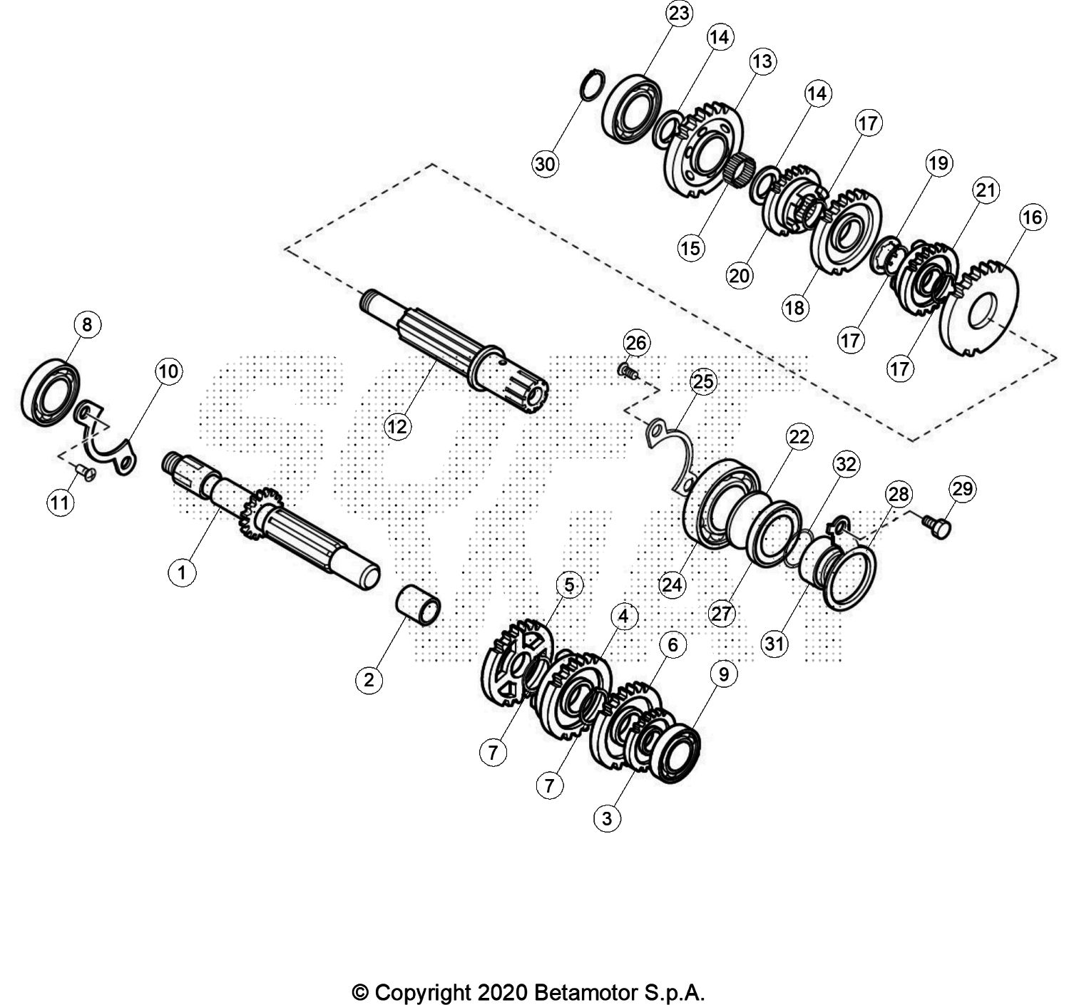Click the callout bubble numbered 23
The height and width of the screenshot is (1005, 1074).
pos(678,14)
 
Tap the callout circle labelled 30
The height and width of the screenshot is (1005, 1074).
pos(545,165)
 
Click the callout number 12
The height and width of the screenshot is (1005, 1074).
pos(398,426)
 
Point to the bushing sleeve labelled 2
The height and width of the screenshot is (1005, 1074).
pos(419,605)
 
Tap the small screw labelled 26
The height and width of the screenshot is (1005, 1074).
pos(627,370)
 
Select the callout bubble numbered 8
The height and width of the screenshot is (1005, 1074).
pos(87,326)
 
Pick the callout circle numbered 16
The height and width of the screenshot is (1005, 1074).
pos(1033,217)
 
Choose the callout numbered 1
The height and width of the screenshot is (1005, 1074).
pos(182,572)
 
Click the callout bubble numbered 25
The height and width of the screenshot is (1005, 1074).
pos(702,382)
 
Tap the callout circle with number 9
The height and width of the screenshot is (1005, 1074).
pos(723,674)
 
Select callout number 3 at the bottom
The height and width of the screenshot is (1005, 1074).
pos(607,818)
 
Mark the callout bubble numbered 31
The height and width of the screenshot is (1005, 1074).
pos(774,644)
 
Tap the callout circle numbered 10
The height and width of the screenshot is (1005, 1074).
pos(168,371)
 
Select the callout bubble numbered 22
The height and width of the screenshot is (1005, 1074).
pos(799,437)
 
